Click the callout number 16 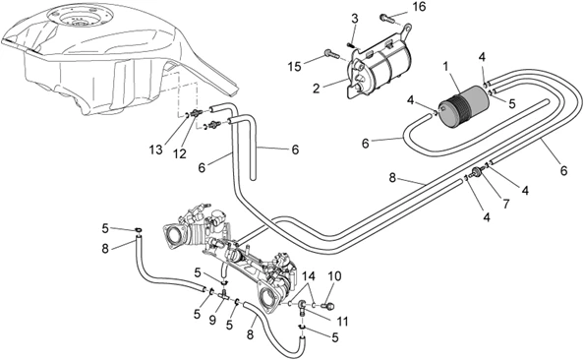click(x=419, y=7)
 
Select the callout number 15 click(x=295, y=68)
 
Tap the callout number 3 click(x=355, y=19)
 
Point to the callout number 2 click(x=317, y=89)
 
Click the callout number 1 click(x=445, y=67)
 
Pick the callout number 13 click(x=156, y=150)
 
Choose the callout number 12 click(x=180, y=153)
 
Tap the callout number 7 click(x=505, y=204)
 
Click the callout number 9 click(x=212, y=321)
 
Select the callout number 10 click(x=334, y=277)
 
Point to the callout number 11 click(x=342, y=321)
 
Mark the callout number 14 click(x=309, y=276)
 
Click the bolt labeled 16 click(x=387, y=19)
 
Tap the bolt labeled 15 click(x=332, y=55)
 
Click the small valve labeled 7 click(x=476, y=172)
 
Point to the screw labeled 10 click(x=327, y=306)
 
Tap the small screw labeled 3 click(x=350, y=45)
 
